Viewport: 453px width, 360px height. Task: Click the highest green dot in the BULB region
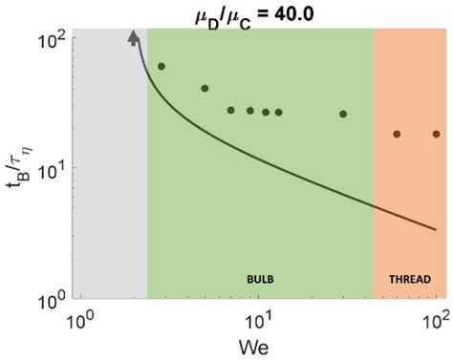pyautogui.click(x=161, y=66)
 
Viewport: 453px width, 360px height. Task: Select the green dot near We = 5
pyautogui.click(x=205, y=89)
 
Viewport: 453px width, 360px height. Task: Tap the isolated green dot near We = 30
pyautogui.click(x=343, y=114)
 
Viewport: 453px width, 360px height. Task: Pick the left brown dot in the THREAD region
pyautogui.click(x=397, y=134)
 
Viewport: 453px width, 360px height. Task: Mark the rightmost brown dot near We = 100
pyautogui.click(x=437, y=134)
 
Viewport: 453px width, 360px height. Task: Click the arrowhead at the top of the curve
pyautogui.click(x=133, y=36)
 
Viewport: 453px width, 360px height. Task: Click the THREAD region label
pyautogui.click(x=410, y=279)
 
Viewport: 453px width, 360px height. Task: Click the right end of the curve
pyautogui.click(x=437, y=229)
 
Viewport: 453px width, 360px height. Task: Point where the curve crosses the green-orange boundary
pyautogui.click(x=374, y=204)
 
